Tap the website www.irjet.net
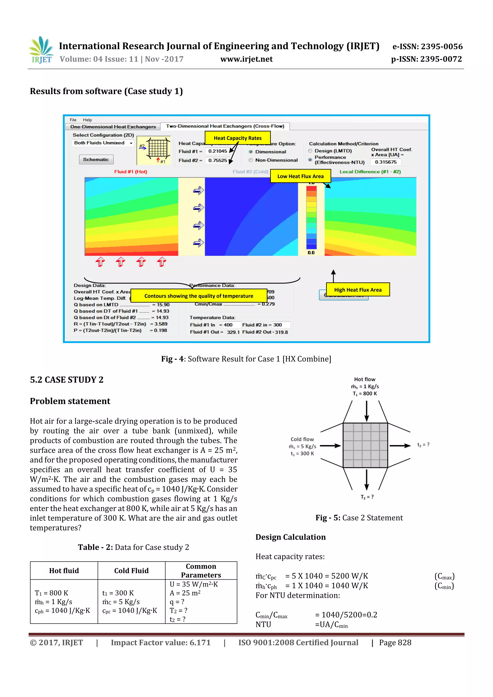click(246, 59)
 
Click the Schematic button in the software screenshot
click(96, 159)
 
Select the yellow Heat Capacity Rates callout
click(238, 138)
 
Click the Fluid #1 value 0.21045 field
click(218, 151)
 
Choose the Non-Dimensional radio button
click(251, 160)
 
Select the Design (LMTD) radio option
click(310, 151)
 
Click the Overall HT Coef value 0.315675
click(385, 162)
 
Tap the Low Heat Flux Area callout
click(300, 176)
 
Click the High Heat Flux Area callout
click(357, 290)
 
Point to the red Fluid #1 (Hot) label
click(131, 172)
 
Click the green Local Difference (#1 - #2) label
click(370, 172)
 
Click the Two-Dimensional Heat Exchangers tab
click(225, 126)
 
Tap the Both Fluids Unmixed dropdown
click(103, 143)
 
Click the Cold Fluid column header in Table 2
click(131, 571)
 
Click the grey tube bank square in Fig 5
click(365, 445)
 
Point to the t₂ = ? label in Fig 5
click(423, 445)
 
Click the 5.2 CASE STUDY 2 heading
click(66, 380)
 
